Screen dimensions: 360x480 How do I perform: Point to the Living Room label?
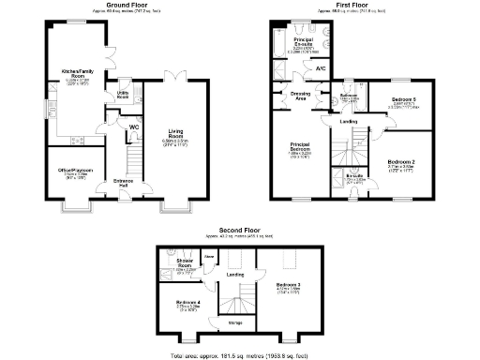point(176,134)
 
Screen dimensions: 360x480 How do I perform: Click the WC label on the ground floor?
point(134,127)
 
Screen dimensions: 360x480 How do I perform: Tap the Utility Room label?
point(123,95)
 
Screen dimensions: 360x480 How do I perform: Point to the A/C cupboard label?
point(321,69)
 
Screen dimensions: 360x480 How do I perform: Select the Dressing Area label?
point(300,95)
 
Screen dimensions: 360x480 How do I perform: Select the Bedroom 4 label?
point(189,301)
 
